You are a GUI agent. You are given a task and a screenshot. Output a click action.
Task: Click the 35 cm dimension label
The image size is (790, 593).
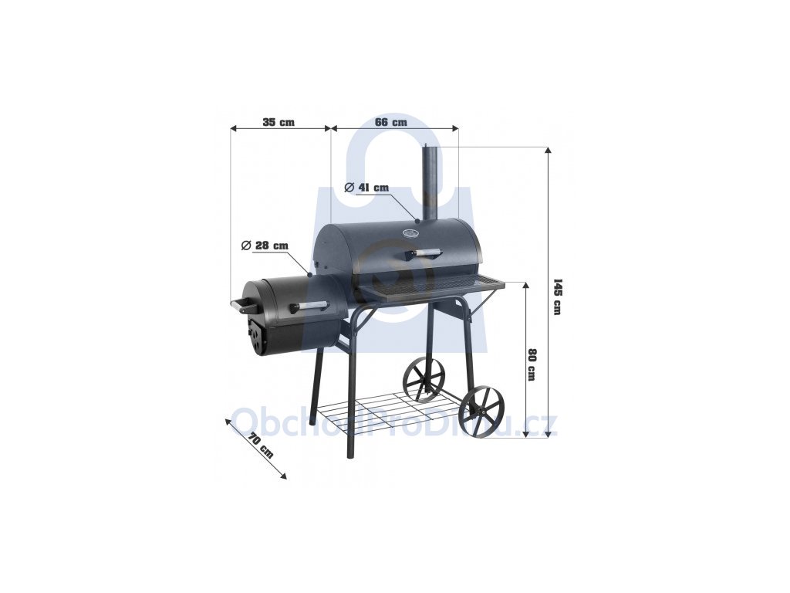[278, 122]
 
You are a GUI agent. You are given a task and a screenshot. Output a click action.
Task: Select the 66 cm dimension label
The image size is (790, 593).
[391, 122]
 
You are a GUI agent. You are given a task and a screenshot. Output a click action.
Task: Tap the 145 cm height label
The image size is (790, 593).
[557, 296]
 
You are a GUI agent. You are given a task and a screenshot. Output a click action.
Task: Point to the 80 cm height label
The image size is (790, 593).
[531, 364]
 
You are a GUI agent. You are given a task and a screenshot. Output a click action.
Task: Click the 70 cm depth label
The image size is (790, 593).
[261, 446]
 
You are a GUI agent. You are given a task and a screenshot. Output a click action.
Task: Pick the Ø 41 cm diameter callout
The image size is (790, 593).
[366, 188]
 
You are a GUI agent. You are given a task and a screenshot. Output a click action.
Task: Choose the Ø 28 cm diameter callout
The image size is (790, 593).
[265, 246]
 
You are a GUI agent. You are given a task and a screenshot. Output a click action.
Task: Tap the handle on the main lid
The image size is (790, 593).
[421, 252]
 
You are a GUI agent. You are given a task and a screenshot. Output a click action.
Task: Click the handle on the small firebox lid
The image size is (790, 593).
[308, 306]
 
